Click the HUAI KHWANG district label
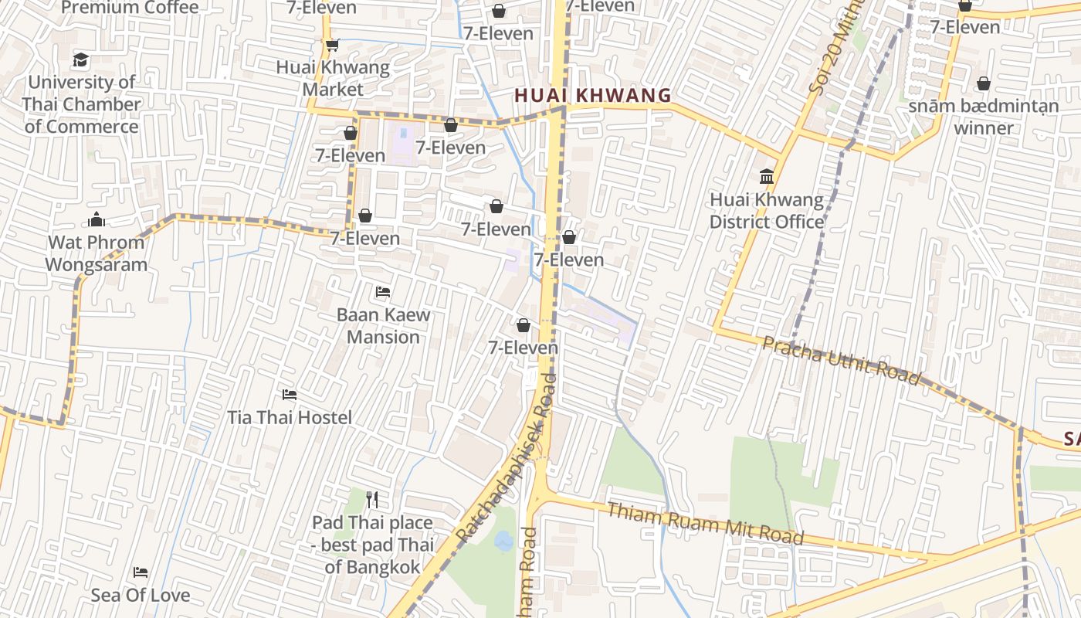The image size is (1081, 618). (592, 95)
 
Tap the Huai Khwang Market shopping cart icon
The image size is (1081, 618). (332, 45)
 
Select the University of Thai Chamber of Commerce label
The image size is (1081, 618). (81, 104)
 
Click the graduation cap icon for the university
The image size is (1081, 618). (80, 59)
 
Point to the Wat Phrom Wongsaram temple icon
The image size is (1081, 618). (97, 219)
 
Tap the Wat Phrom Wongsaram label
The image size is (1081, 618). (96, 253)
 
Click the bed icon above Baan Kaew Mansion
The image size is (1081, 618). (382, 292)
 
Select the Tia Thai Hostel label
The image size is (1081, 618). (290, 417)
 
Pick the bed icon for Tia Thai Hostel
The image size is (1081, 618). (290, 395)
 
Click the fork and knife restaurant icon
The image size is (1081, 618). (372, 500)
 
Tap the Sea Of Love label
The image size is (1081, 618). (141, 595)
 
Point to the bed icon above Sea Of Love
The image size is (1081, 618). (141, 572)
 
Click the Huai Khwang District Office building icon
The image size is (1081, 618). (767, 177)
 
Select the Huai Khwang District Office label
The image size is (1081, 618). (767, 211)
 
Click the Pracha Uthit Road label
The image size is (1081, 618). (842, 360)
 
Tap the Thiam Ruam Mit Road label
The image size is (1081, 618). (705, 523)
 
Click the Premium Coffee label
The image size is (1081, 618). (130, 8)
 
